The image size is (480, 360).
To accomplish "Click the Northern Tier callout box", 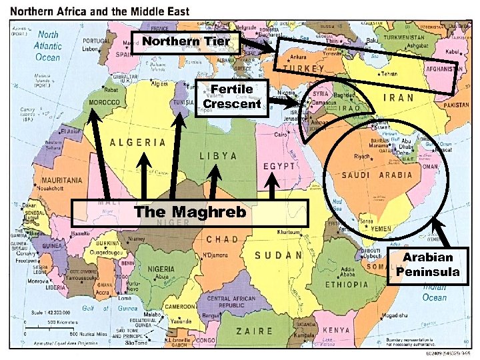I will coord(185,42).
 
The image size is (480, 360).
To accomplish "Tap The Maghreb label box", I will coord(190,212).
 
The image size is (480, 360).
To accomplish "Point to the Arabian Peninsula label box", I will coord(427,265).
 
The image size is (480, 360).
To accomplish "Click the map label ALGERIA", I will coord(137,142).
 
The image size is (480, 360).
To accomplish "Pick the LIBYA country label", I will coord(218,155).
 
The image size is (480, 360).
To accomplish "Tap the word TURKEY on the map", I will coord(303,69).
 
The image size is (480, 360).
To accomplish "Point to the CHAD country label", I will coord(222,239).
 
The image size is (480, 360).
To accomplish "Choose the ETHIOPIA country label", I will coord(347,284).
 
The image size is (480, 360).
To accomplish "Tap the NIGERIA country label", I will coord(161,269).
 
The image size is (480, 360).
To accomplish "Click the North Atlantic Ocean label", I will coord(48,46).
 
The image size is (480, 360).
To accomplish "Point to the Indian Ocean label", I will coord(434,293).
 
